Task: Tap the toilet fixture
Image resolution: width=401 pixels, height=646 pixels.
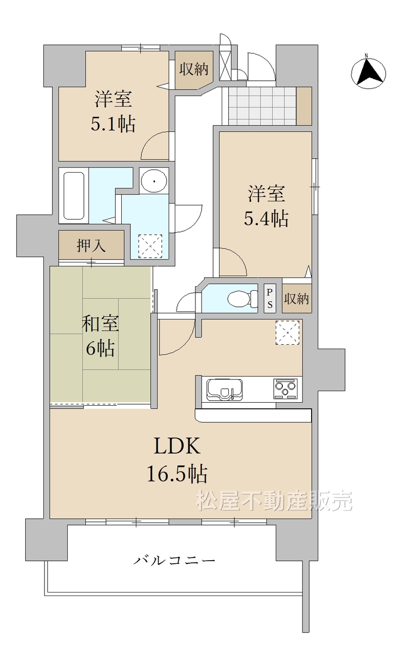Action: tap(242, 299)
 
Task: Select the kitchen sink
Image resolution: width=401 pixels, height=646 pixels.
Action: tap(224, 390)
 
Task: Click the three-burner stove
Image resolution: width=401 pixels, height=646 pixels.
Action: tap(285, 389)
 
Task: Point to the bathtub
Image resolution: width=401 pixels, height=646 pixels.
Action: tap(74, 196)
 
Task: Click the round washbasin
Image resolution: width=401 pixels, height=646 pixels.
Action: tap(154, 181)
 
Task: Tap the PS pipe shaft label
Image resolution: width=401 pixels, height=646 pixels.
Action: tap(270, 298)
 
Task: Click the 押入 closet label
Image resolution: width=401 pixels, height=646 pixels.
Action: tap(91, 246)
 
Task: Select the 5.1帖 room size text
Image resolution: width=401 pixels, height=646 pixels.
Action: tap(113, 125)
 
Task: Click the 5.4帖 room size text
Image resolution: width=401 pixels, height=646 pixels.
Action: tap(266, 219)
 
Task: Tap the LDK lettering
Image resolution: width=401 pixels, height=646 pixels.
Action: tap(177, 446)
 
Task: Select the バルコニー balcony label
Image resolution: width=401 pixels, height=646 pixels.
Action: tap(175, 560)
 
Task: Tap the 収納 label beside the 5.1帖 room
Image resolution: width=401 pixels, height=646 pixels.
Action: tap(194, 69)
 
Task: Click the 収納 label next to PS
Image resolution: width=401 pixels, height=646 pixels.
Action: tap(296, 299)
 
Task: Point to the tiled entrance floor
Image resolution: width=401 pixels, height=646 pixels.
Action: tap(262, 105)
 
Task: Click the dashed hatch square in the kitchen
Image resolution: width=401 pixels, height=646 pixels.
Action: tap(288, 333)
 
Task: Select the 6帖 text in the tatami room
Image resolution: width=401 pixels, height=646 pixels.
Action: tap(100, 348)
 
